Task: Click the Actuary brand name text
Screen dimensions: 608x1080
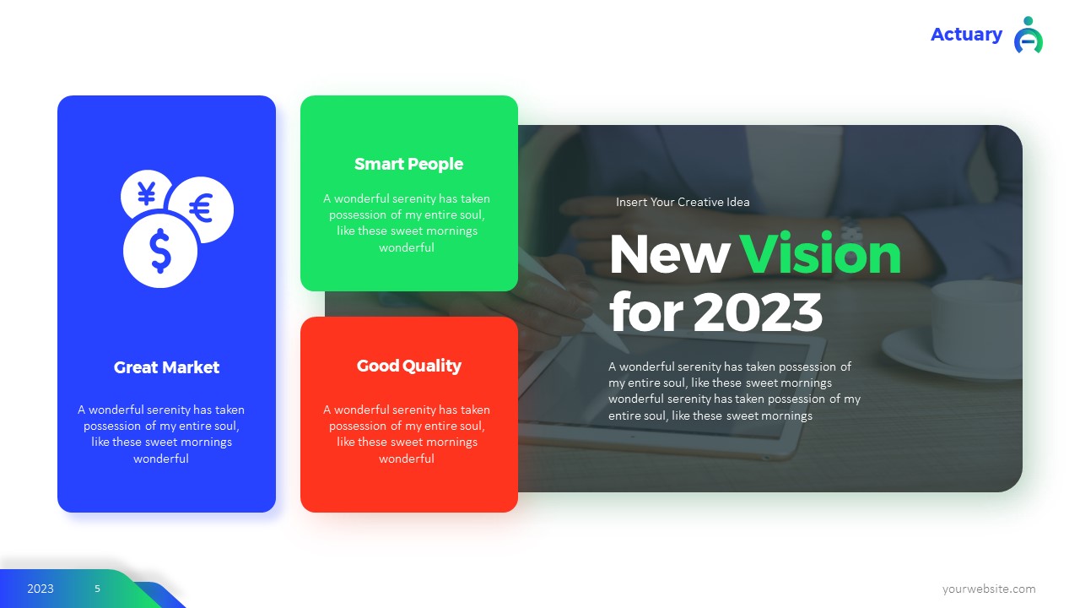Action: click(x=966, y=35)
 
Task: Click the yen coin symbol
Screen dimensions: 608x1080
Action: click(x=146, y=194)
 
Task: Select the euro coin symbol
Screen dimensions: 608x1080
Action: click(x=201, y=209)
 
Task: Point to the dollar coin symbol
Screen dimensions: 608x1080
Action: click(x=160, y=251)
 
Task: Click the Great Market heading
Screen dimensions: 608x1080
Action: click(x=166, y=367)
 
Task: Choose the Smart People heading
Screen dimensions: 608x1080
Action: click(x=408, y=164)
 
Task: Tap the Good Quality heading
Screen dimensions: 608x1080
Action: click(x=408, y=366)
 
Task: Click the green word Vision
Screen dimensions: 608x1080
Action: click(x=820, y=253)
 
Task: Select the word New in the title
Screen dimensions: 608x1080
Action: click(x=668, y=253)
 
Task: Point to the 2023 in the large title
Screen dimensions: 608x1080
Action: click(x=758, y=312)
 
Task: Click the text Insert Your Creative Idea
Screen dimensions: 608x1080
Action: click(x=683, y=203)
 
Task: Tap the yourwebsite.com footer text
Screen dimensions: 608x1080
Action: click(x=989, y=589)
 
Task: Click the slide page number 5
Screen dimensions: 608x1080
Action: click(x=97, y=589)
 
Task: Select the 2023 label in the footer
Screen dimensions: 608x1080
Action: click(x=40, y=589)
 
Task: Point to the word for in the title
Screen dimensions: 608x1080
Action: click(x=645, y=312)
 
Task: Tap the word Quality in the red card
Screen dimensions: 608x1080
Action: click(x=432, y=366)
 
